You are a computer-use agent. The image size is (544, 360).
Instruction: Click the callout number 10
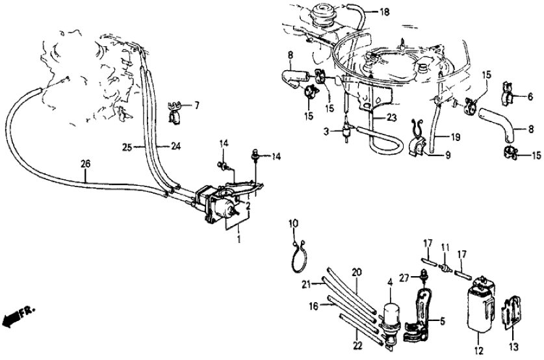pyautogui.click(x=293, y=224)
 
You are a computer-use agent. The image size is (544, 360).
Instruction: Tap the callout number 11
pyautogui.click(x=445, y=248)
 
